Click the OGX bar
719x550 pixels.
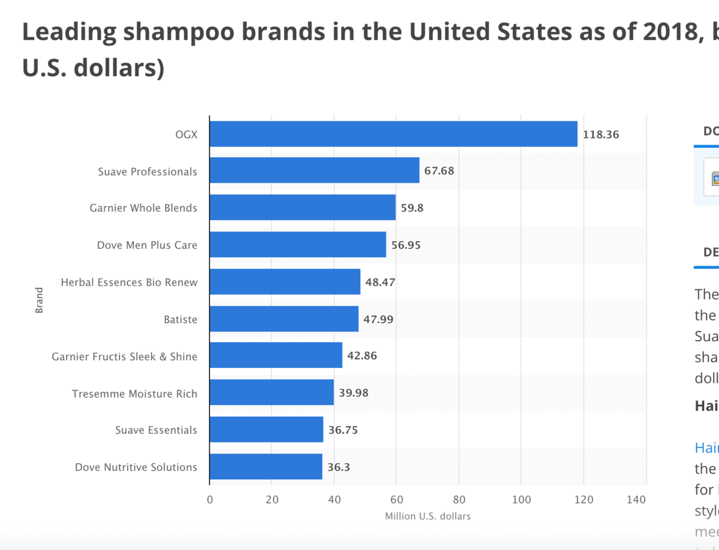click(393, 134)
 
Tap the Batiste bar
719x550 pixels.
click(284, 319)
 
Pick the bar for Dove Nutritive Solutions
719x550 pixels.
click(266, 467)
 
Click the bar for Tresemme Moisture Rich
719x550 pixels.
click(271, 393)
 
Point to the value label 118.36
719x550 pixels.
click(601, 135)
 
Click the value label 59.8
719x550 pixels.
click(412, 208)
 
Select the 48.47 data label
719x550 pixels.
click(380, 282)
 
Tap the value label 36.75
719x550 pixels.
click(343, 430)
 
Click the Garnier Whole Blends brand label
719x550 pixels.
click(143, 208)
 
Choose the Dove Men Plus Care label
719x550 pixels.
click(147, 245)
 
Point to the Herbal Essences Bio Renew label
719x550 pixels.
click(129, 282)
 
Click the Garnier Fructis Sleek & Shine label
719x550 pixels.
click(124, 357)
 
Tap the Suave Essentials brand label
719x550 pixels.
click(156, 430)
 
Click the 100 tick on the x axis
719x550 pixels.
click(522, 500)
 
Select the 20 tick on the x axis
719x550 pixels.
click(272, 500)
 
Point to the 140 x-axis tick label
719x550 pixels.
click(636, 500)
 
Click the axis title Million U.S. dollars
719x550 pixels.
click(428, 516)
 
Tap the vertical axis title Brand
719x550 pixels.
click(39, 300)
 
